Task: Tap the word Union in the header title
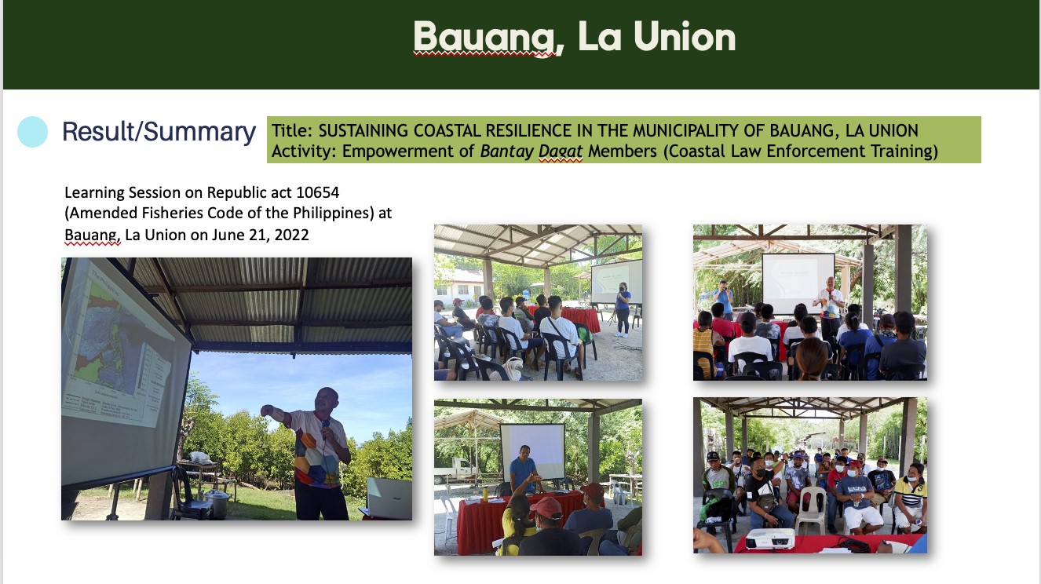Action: point(685,36)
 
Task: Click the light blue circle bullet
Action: point(32,132)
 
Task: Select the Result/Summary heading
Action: point(159,132)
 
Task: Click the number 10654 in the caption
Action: point(317,192)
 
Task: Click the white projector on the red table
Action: point(770,538)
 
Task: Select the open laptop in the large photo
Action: point(389,498)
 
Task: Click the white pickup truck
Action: point(457,470)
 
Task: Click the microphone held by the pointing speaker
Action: point(325,429)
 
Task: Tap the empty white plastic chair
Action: point(809,510)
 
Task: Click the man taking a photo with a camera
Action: point(723,299)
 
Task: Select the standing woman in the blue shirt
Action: point(622,309)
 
